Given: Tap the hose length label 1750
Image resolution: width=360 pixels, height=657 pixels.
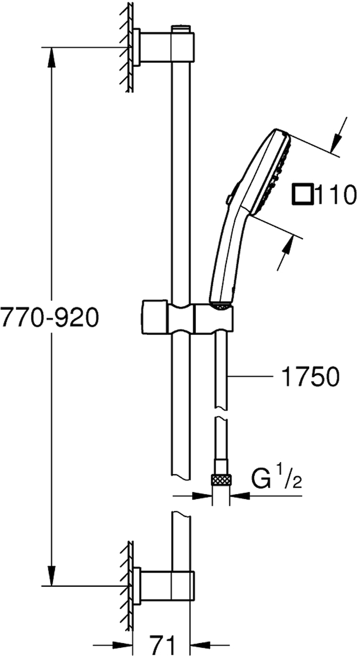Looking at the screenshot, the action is coord(311,377).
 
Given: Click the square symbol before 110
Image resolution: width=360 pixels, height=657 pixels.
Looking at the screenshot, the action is coord(302,194).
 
